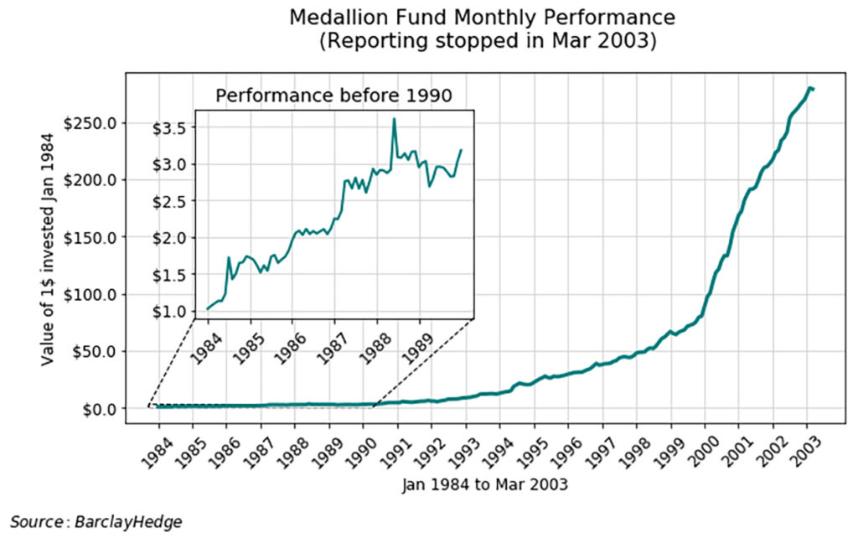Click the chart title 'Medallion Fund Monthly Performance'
coord(482,18)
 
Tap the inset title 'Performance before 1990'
coord(333,96)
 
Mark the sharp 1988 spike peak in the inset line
coord(394,119)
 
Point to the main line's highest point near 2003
coord(809,87)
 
